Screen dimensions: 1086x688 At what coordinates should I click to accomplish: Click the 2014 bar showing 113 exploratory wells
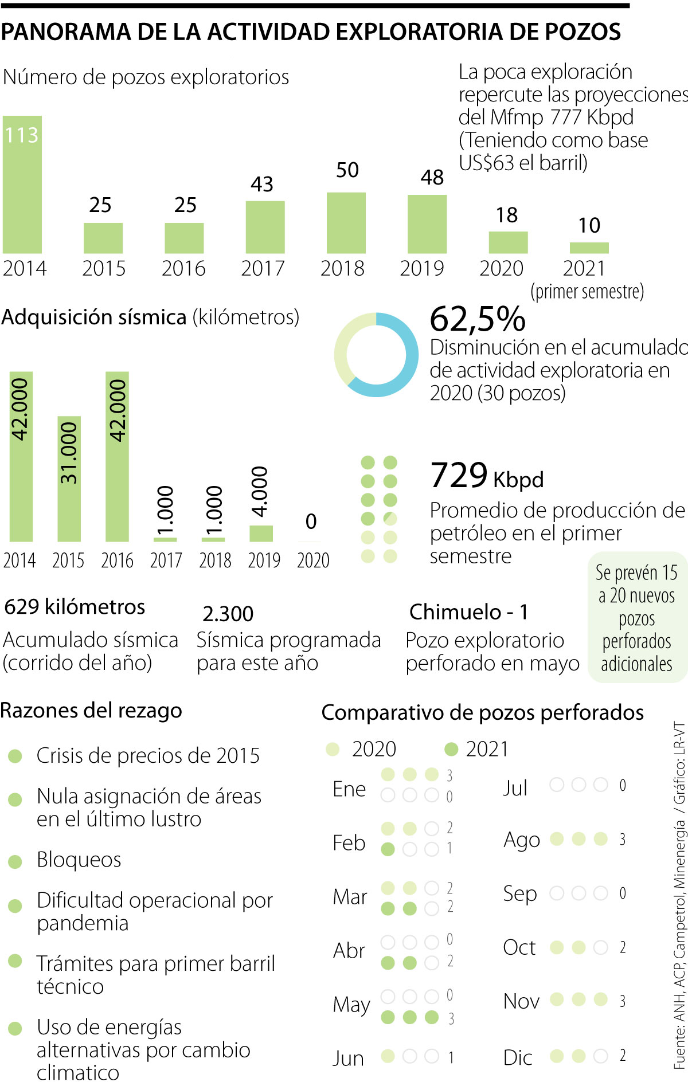22,185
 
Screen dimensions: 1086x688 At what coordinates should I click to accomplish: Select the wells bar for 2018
346,222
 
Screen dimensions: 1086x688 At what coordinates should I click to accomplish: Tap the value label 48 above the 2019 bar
432,178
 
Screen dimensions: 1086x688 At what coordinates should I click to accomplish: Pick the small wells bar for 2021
589,248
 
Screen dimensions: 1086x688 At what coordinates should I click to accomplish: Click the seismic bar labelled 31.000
69,479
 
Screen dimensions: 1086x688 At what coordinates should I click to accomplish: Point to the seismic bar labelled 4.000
261,533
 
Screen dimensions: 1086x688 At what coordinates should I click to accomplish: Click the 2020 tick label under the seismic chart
313,560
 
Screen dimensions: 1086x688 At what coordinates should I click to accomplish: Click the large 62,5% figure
477,319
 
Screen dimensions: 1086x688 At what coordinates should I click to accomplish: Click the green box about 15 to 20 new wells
637,617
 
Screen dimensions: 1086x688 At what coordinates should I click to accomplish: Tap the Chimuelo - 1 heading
468,612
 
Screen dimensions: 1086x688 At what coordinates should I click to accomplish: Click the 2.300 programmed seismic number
228,614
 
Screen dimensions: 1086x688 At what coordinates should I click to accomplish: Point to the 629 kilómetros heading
75,607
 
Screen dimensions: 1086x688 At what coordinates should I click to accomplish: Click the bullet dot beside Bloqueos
15,861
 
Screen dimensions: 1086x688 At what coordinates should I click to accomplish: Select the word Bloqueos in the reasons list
79,860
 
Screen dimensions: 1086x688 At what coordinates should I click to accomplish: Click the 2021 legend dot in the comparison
451,748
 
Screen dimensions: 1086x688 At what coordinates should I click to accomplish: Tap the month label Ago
521,840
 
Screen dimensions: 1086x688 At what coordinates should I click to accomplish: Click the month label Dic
517,1057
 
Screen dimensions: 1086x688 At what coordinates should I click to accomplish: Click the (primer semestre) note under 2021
587,292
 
